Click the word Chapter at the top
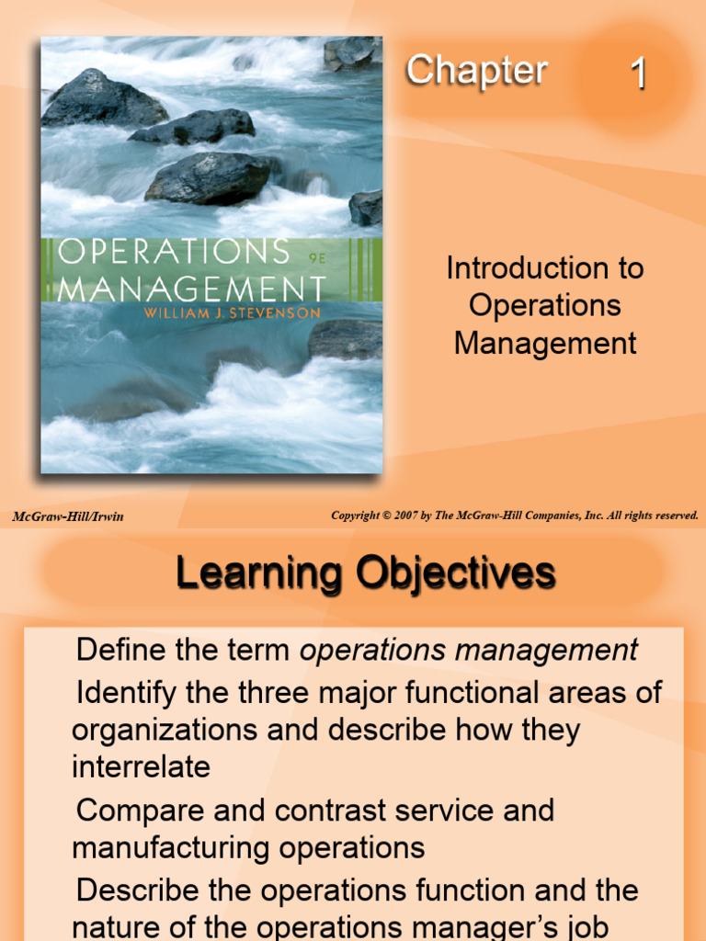[x=476, y=71]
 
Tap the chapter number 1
[x=638, y=74]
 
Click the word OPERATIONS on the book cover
[x=174, y=251]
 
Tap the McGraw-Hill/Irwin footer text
[x=68, y=516]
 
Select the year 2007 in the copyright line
[x=412, y=516]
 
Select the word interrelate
[x=141, y=766]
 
